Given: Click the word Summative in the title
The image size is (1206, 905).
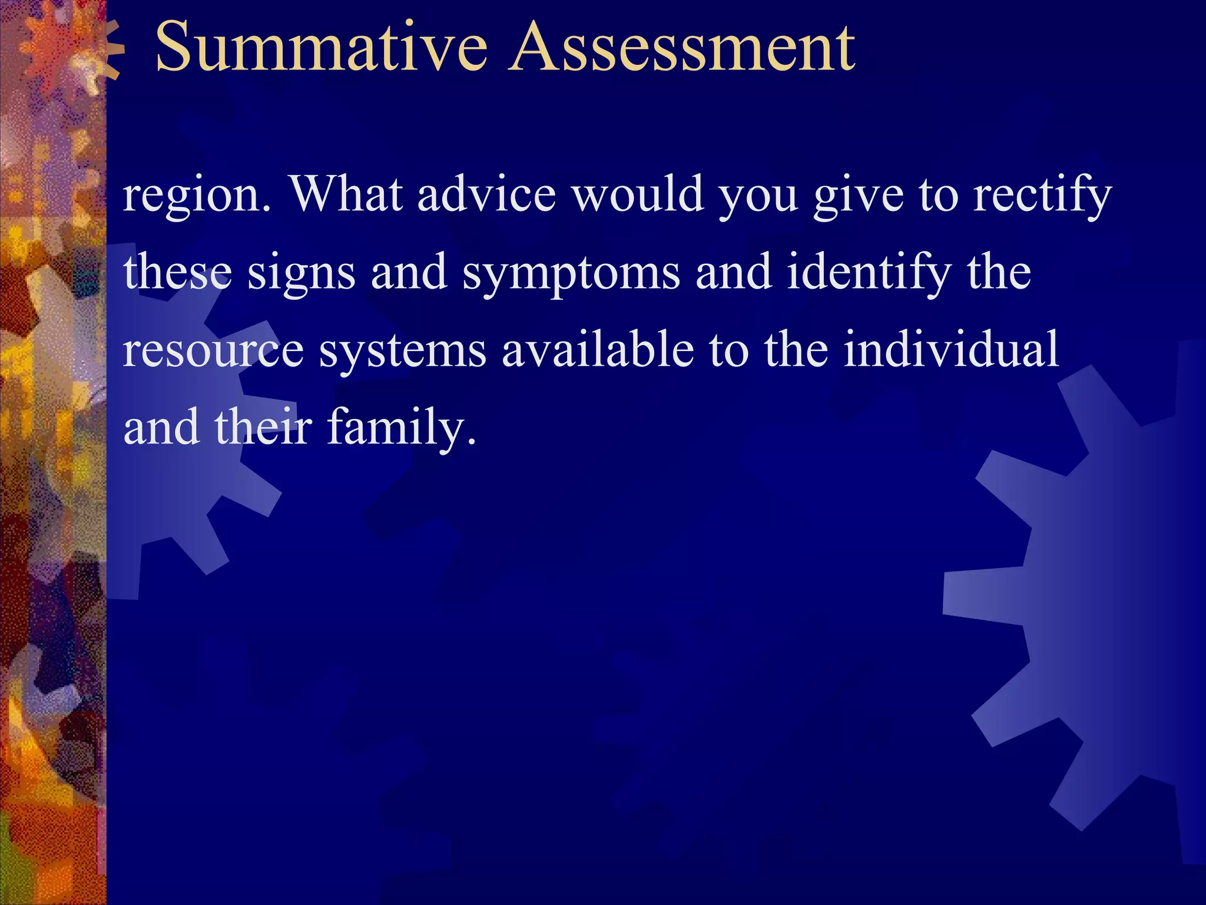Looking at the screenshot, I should [321, 47].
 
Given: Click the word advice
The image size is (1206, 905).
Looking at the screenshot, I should [486, 194].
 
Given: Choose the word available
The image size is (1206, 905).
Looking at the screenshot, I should [598, 349].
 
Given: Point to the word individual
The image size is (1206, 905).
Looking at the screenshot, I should [951, 349].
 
